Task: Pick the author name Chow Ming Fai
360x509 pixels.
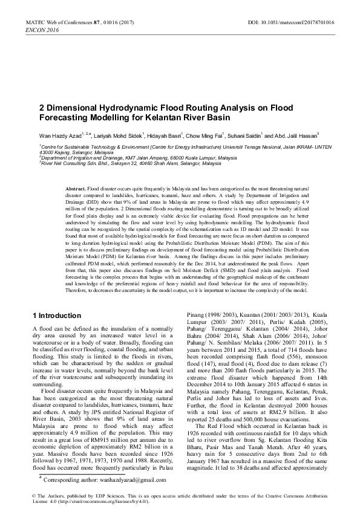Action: point(205,135)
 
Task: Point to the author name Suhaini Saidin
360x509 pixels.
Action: point(245,135)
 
